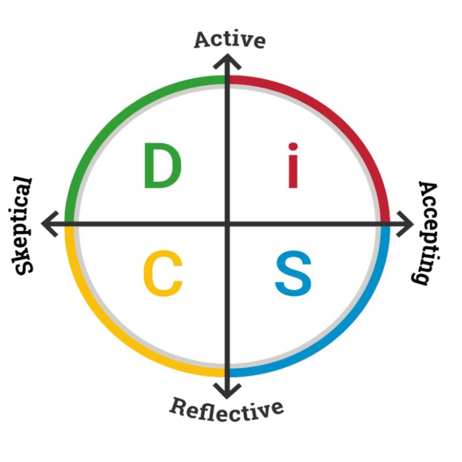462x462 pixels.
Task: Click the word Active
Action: (x=229, y=39)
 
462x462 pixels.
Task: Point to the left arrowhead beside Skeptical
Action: (x=50, y=223)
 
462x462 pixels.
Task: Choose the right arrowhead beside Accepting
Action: (x=408, y=223)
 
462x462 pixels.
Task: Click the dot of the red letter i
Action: (x=293, y=146)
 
